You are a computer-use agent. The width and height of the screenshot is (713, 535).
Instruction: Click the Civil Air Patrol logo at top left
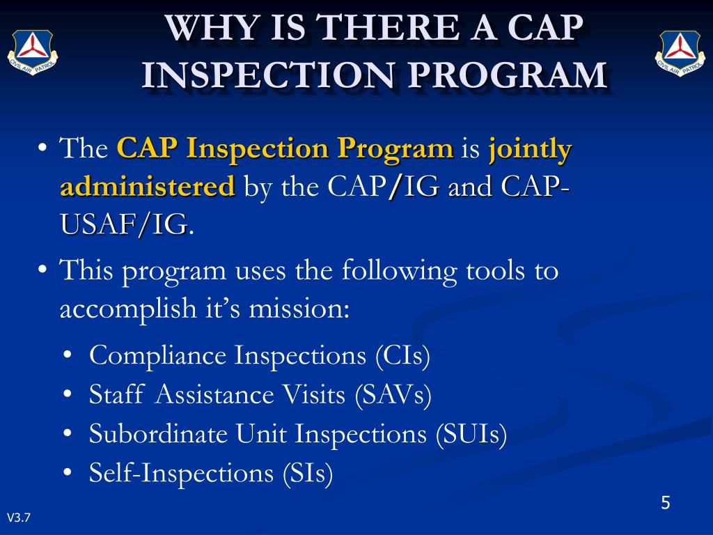32,53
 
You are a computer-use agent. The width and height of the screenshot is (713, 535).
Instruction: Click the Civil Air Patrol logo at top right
680,53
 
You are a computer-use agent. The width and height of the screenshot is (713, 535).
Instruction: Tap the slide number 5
665,503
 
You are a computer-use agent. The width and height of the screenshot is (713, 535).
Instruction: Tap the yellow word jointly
530,148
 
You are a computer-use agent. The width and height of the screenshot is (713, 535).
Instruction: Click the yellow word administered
147,187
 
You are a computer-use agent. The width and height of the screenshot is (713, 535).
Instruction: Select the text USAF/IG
123,225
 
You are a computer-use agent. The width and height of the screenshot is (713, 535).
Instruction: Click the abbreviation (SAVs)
393,395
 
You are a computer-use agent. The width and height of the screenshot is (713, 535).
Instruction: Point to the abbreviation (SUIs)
471,434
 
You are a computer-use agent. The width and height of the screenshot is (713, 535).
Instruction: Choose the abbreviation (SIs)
308,473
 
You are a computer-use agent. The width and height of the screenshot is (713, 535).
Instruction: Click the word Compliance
158,356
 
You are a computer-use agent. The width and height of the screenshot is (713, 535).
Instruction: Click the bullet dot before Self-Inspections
68,474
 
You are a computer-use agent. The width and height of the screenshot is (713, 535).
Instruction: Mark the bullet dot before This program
43,270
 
